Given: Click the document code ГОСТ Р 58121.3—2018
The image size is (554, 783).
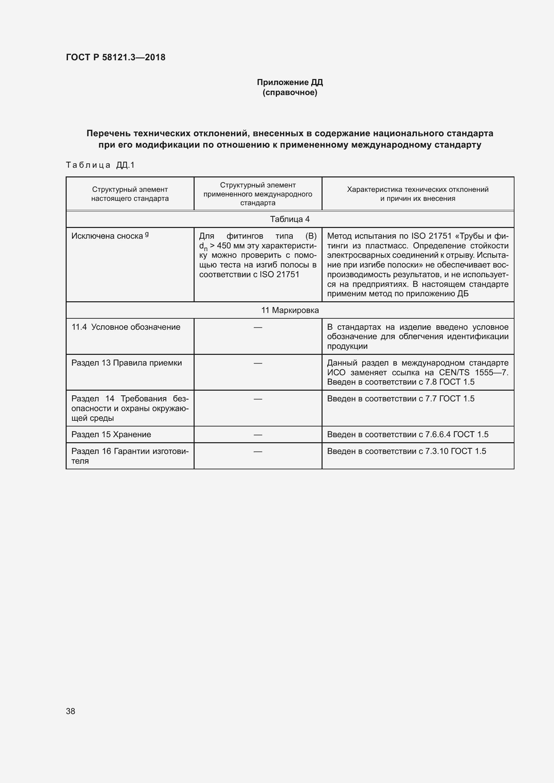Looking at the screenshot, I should coord(116,57).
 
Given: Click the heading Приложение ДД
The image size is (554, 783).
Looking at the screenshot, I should coord(290,82).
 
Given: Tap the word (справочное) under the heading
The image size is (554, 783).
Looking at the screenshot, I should coord(290,93).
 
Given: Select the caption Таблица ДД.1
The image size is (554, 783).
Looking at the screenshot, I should coord(100,165).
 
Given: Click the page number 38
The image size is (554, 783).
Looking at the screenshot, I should coord(71,711).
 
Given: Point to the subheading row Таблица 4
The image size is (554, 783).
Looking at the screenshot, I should coord(290,219).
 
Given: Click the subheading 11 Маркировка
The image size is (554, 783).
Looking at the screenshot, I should coord(290,310).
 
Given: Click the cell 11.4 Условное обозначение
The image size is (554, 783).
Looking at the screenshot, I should coord(126,327).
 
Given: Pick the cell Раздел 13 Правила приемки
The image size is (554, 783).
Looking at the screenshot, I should coord(127,363).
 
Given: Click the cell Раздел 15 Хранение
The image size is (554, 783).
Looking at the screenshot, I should coord(111,435).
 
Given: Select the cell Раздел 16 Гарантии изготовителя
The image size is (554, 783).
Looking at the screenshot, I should coord(130,456).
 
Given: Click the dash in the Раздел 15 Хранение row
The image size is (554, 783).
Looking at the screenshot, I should coord(258,435).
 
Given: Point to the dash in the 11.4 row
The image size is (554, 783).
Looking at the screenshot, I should coord(258,327).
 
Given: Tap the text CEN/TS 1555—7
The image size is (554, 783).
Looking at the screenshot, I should coord(474,372).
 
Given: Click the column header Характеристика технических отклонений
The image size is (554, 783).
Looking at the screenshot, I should coord(418,189).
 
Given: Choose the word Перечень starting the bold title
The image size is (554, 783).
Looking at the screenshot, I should coord(109,133).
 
